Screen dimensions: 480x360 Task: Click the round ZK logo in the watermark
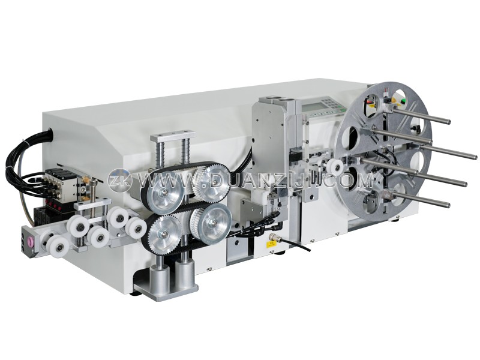click(119, 181)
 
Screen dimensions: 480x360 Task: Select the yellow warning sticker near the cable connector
click(271, 244)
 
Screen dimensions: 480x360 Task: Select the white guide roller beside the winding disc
click(335, 167)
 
